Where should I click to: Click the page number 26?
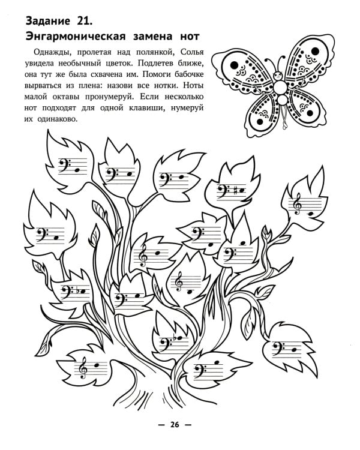pyautogui.click(x=175, y=424)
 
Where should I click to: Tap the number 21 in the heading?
pyautogui.click(x=85, y=21)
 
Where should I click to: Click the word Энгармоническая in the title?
pyautogui.click(x=76, y=37)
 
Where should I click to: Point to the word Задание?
pyautogui.click(x=47, y=21)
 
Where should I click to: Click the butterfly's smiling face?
pyautogui.click(x=278, y=76)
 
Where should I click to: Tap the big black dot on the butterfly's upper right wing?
pyautogui.click(x=315, y=52)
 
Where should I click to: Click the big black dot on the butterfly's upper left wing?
pyautogui.click(x=234, y=65)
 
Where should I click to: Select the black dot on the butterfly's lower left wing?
pyautogui.click(x=260, y=122)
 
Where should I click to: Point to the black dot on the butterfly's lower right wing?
pyautogui.click(x=310, y=113)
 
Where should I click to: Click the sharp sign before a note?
pyautogui.click(x=235, y=191)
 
